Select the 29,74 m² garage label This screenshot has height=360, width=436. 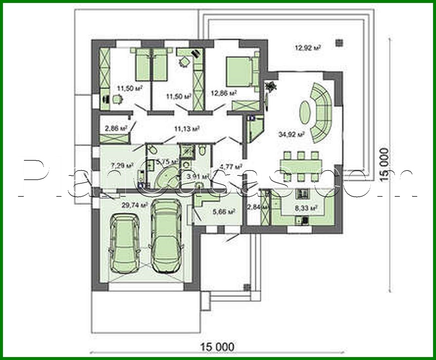[x=134, y=205]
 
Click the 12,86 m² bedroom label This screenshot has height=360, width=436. [x=224, y=93]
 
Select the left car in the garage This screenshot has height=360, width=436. [x=124, y=243]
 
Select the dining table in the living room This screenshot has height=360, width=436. [x=301, y=164]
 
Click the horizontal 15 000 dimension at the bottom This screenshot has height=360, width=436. [x=217, y=347]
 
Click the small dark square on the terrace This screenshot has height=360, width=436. [x=339, y=43]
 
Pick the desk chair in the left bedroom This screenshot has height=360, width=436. [x=116, y=99]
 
